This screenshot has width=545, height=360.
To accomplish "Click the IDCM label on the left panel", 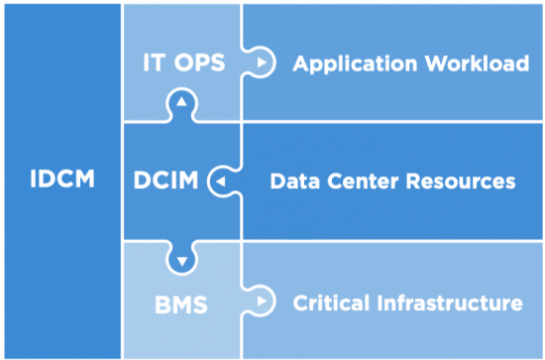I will click(x=61, y=181).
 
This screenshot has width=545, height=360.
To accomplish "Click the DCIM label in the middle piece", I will click(x=166, y=181).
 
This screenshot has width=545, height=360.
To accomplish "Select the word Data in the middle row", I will click(x=292, y=181).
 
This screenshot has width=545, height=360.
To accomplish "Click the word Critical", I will click(x=333, y=301).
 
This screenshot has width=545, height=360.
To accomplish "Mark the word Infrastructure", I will click(x=450, y=301).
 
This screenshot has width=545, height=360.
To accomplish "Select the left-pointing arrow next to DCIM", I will click(x=219, y=182).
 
